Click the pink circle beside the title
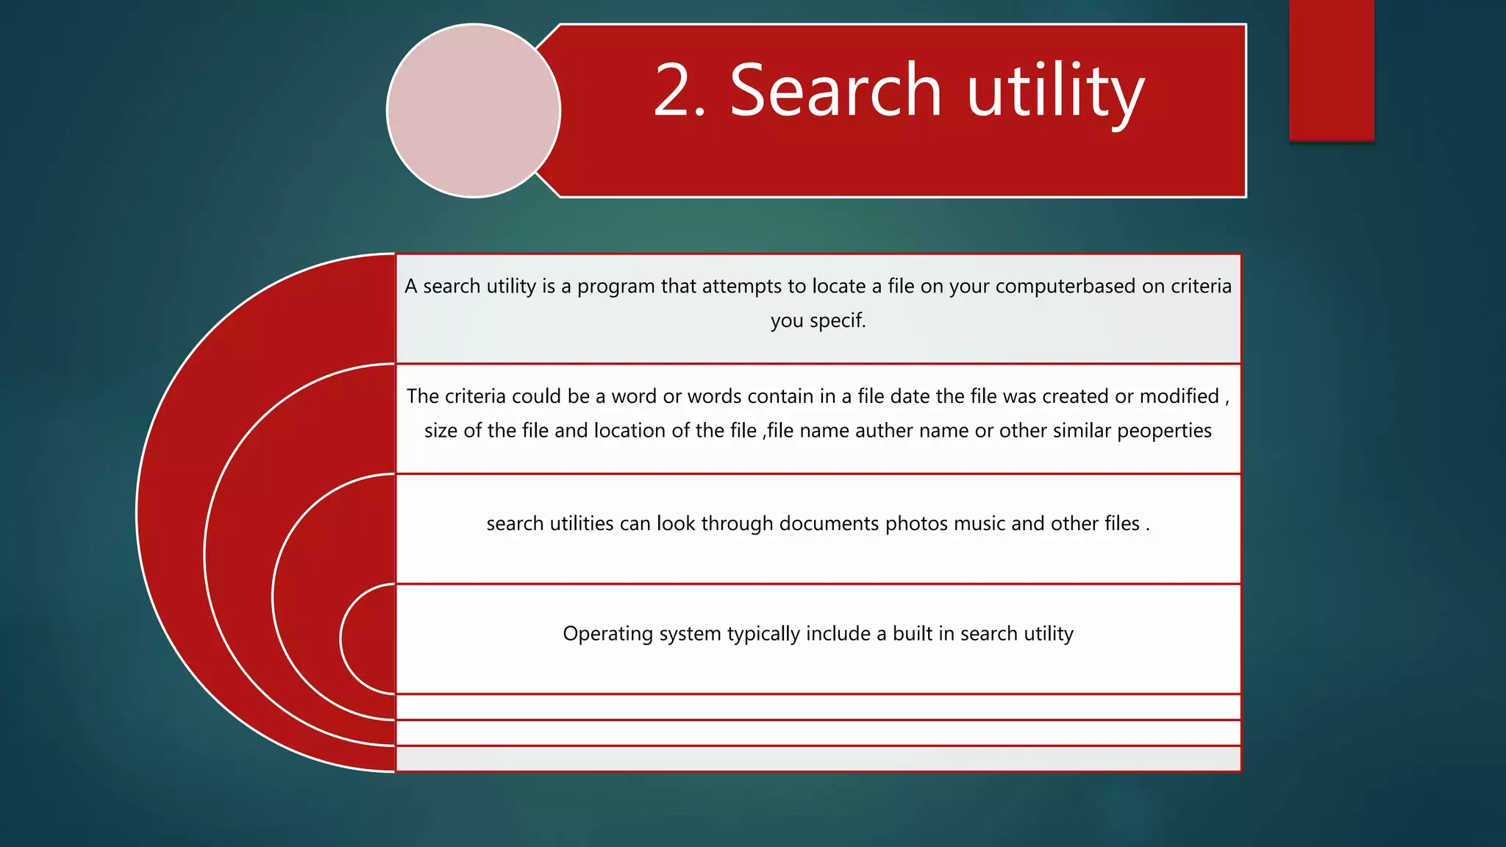coord(474,110)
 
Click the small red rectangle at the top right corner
coord(1331,70)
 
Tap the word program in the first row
coord(615,286)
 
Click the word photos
coord(916,523)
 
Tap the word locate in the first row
coord(838,286)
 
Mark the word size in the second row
coord(440,431)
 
